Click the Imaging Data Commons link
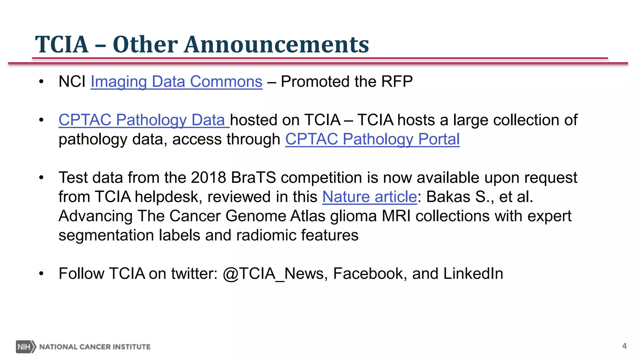(x=176, y=82)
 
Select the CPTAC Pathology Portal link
(x=372, y=139)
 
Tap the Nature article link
(x=369, y=197)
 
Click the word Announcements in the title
(x=276, y=44)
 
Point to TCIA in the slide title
(x=62, y=44)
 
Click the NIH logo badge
(x=26, y=347)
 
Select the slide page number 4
(x=624, y=346)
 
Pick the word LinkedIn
(x=473, y=274)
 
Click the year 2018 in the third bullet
(x=208, y=178)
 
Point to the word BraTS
(x=253, y=178)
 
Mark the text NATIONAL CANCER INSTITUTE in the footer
(x=95, y=347)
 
